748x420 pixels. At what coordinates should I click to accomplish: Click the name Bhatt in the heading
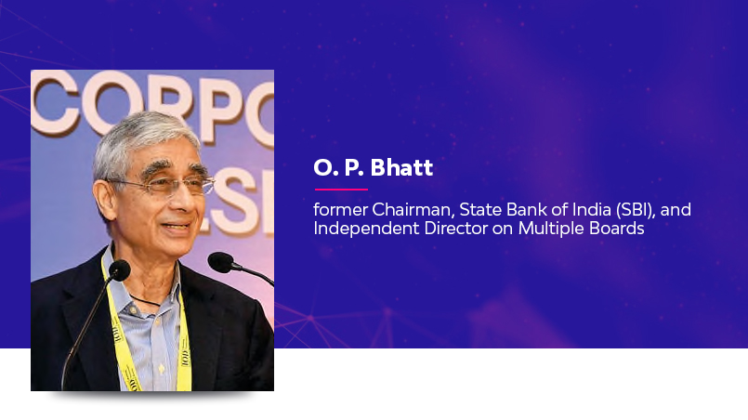(401, 167)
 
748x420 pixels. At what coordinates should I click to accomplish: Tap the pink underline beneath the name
(341, 190)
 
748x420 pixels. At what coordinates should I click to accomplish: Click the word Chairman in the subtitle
(413, 210)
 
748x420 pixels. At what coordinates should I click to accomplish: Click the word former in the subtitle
(341, 210)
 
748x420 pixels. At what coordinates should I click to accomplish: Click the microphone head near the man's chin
(119, 270)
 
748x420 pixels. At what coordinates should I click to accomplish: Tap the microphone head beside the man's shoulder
(220, 262)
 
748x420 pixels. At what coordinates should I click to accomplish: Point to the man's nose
(188, 203)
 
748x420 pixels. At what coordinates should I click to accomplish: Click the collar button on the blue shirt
(134, 310)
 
